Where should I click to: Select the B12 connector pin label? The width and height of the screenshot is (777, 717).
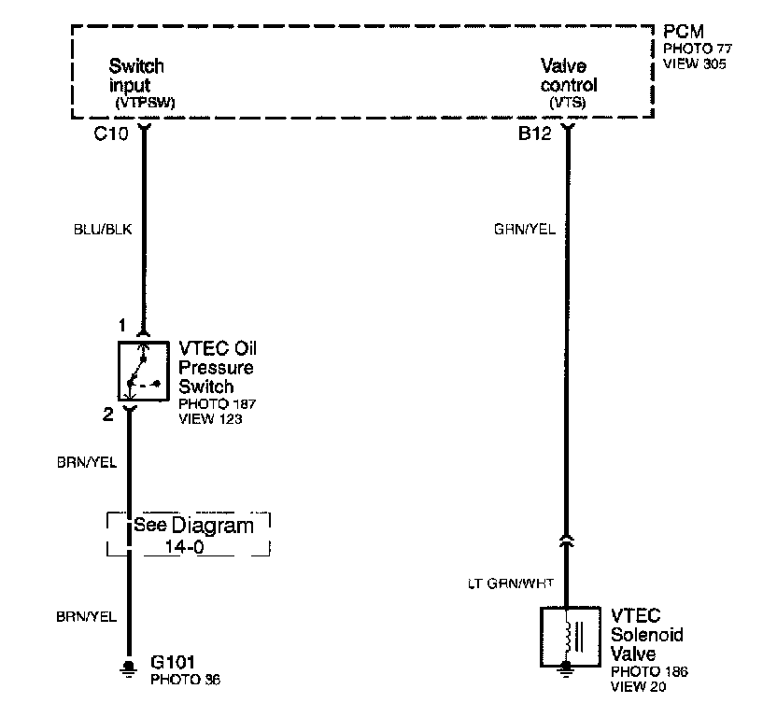point(535,134)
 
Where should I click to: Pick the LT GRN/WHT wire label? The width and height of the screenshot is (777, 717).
point(510,584)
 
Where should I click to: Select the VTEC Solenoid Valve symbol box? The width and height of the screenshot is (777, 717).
point(567,638)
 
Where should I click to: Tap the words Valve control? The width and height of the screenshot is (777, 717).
point(568,76)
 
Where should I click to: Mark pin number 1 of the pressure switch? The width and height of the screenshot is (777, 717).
point(120,326)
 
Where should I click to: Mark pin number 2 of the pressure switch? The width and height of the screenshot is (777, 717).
point(108,415)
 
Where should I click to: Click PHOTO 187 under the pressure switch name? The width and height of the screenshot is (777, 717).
point(217,403)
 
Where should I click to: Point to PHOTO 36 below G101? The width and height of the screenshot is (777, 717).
point(186,680)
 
